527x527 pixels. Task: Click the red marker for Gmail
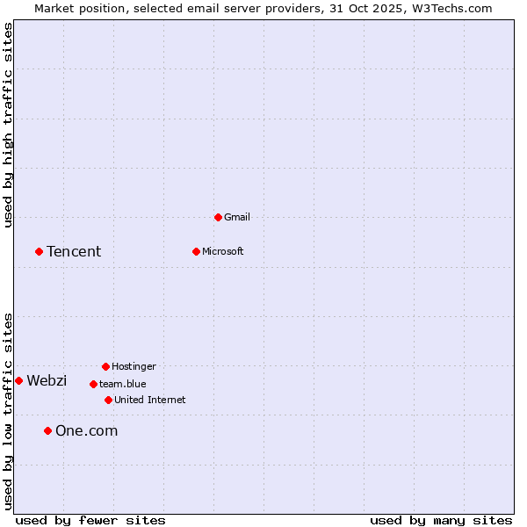coord(218,217)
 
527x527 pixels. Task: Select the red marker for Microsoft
coord(196,251)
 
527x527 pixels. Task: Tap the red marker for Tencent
coord(39,251)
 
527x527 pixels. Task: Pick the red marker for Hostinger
coord(105,366)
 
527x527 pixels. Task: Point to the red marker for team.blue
coord(93,384)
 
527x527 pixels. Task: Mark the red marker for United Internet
coord(108,400)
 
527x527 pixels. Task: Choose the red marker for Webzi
coord(18,380)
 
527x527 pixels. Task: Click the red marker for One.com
coord(47,430)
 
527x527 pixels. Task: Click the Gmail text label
coord(237,217)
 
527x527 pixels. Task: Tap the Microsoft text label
coord(223,251)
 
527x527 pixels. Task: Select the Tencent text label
coord(74,251)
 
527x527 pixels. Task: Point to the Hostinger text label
coord(134,366)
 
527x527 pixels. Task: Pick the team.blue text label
coord(123,384)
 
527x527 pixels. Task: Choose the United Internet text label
coord(150,400)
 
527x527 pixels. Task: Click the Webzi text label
coord(47,380)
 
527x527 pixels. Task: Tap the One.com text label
coord(86,430)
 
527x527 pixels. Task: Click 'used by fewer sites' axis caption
coord(90,520)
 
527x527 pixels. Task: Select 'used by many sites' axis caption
coord(441,520)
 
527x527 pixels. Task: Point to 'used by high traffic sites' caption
coord(8,125)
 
